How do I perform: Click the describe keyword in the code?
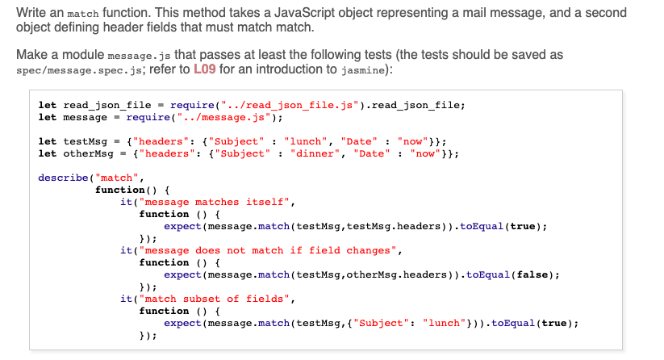tap(62, 178)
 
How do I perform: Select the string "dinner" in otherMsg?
tap(314, 153)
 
